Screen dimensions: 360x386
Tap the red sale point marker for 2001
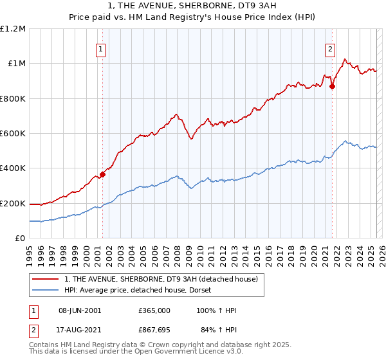tap(102, 174)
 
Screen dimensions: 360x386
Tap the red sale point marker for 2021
tap(333, 87)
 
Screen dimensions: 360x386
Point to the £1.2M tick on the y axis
tap(13, 29)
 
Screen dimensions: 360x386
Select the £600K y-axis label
tap(13, 134)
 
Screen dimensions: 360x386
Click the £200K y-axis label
tap(13, 203)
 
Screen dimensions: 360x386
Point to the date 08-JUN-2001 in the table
tap(80, 310)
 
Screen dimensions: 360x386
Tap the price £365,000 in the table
tap(154, 310)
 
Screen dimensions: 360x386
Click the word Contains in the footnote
tap(44, 346)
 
